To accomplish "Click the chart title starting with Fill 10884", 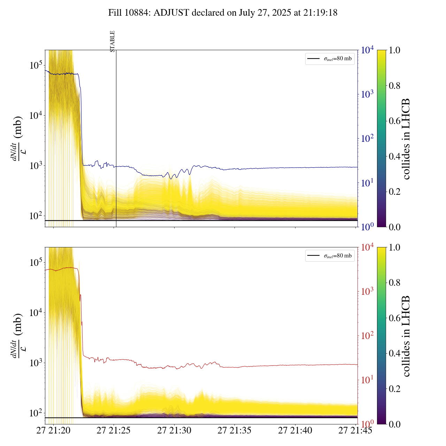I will coord(223,13).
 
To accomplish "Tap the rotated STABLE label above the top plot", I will coord(113,41).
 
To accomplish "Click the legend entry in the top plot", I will coord(330,59).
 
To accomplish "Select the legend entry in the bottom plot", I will coord(330,256).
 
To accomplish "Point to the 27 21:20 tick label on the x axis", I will coord(53,431).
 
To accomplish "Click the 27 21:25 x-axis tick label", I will coord(114,431).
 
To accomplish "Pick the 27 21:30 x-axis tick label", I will coord(174,431).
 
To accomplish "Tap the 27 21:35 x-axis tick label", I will coord(234,431).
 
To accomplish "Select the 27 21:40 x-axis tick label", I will coord(295,431).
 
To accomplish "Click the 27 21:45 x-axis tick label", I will coord(355,431).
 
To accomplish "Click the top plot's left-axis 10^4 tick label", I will coord(35,115).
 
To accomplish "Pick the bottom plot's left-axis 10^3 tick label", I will coord(35,363).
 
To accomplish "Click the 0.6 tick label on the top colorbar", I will coord(394,121).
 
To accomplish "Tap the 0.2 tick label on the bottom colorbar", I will coord(394,389).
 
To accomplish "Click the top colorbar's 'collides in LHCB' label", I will coord(406,139).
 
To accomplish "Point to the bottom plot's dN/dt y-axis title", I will coord(17,336).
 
